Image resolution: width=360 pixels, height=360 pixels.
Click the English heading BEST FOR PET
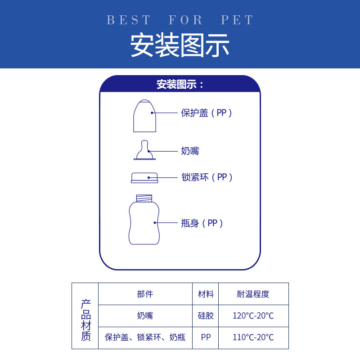tap(180, 20)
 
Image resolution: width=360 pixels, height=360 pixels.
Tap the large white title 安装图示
tap(180, 45)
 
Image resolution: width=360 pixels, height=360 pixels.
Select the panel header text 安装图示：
tap(180, 84)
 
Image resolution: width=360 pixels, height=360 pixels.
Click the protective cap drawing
tap(144, 116)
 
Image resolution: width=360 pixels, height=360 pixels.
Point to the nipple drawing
tap(144, 151)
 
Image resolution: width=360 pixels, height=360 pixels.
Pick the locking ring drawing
tap(144, 177)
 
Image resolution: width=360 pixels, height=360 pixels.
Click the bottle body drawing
tap(144, 223)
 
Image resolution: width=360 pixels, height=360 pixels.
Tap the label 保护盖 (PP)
tap(207, 113)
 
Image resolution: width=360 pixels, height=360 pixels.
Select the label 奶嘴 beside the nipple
tap(190, 151)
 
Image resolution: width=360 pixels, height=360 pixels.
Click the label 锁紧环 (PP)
tap(207, 177)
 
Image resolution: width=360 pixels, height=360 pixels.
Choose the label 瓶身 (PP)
tap(202, 223)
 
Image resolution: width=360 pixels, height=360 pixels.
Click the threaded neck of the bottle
tap(144, 198)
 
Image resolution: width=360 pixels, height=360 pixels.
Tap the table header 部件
tap(145, 294)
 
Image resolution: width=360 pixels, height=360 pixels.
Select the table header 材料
tap(206, 294)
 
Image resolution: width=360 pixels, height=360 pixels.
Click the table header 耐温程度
tap(253, 294)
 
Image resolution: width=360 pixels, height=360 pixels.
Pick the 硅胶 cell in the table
tap(206, 315)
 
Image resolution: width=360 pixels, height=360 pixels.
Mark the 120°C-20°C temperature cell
tap(253, 315)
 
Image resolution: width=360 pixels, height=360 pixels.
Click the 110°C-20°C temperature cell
tap(253, 337)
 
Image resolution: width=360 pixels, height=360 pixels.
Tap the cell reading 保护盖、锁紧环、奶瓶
tap(145, 337)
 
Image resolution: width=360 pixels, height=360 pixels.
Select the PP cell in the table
tap(206, 337)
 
